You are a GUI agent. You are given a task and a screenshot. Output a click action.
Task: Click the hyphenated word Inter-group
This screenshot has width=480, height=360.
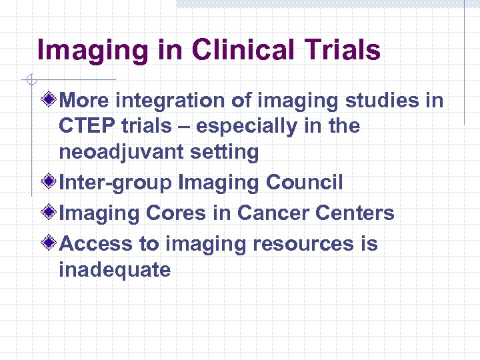pyautogui.click(x=115, y=182)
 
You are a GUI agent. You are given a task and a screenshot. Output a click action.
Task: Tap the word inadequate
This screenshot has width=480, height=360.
pyautogui.click(x=115, y=269)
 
